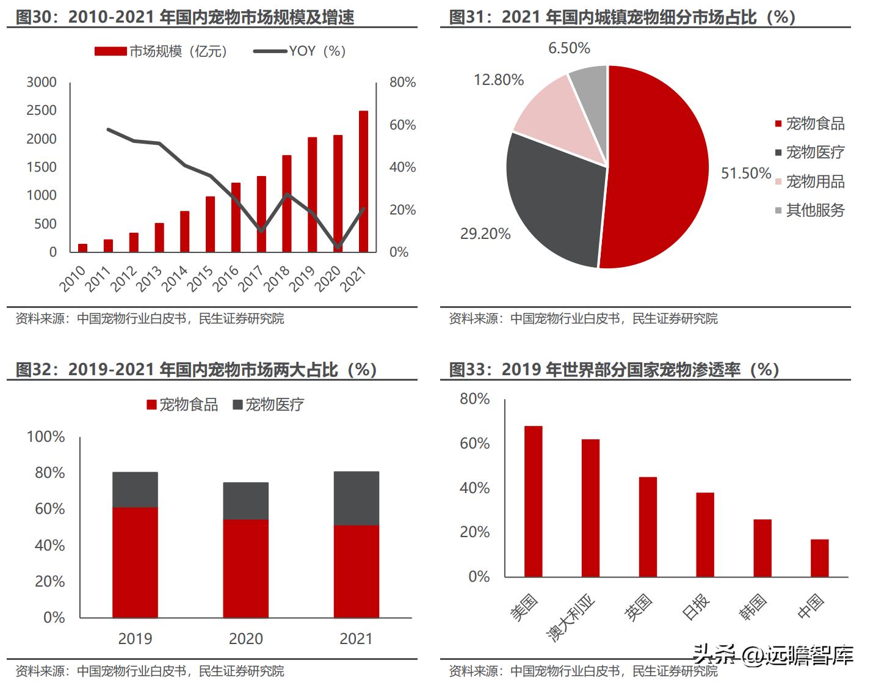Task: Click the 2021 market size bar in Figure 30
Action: click(363, 181)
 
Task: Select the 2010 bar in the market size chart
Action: click(82, 247)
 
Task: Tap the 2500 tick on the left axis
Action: click(42, 111)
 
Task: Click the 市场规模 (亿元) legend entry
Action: click(162, 51)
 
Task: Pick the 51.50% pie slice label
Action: click(746, 174)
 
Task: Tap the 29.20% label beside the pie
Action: click(485, 234)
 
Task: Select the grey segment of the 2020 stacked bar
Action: click(245, 501)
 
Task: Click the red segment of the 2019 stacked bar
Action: click(135, 562)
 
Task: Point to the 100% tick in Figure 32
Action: click(46, 437)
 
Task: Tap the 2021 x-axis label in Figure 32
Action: click(356, 639)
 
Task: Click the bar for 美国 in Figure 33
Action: click(533, 501)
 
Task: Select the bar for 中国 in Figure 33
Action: click(819, 558)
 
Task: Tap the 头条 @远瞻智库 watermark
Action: click(772, 656)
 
